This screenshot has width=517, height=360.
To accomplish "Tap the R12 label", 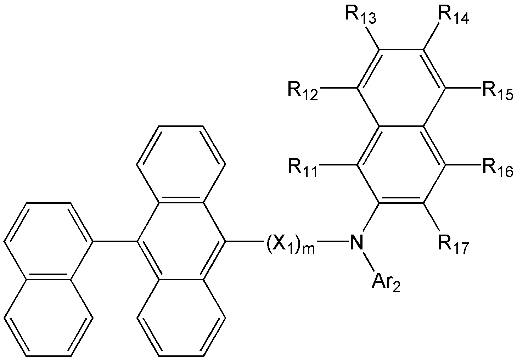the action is [x=303, y=92].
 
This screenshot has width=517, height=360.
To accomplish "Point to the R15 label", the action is [x=498, y=92].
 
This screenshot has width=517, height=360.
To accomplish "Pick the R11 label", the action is [x=303, y=169].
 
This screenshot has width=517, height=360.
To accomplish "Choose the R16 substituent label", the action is [x=498, y=169].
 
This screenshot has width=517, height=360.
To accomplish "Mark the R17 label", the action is [x=454, y=245].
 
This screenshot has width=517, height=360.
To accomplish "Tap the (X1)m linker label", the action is [x=291, y=244].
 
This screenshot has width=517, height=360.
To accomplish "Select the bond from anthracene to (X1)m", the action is [x=245, y=242].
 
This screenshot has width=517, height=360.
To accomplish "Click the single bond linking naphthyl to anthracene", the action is [x=115, y=242].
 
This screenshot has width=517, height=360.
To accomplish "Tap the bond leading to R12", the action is [x=338, y=88].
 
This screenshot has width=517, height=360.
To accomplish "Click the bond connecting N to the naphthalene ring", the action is [x=371, y=218].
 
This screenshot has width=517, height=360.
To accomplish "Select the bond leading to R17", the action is [x=431, y=217].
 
